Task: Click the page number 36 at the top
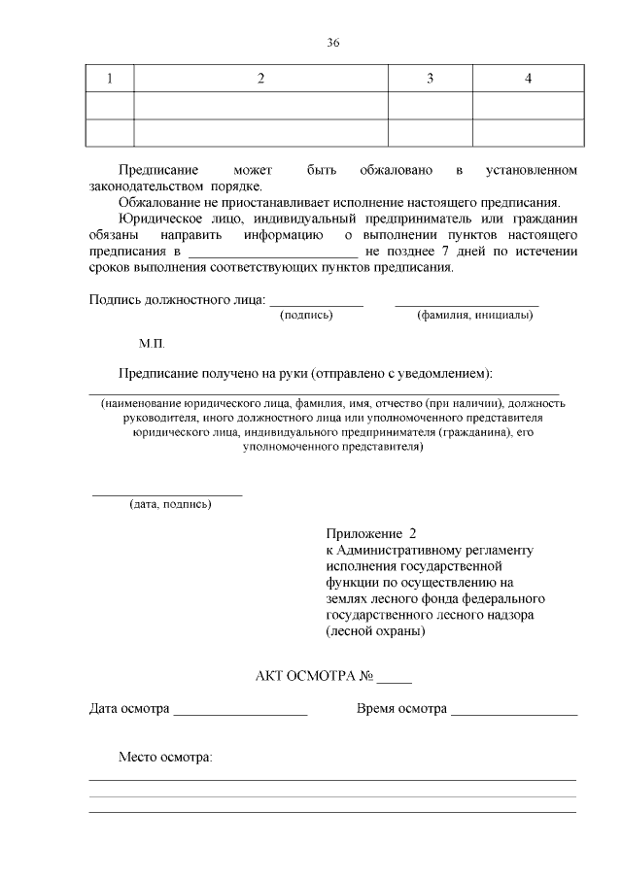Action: pyautogui.click(x=333, y=43)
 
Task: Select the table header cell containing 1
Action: pyautogui.click(x=110, y=79)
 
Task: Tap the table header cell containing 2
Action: pyautogui.click(x=260, y=79)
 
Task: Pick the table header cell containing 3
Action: pyautogui.click(x=430, y=79)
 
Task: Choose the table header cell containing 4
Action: pyautogui.click(x=528, y=79)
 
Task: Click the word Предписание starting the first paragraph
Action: pyautogui.click(x=158, y=171)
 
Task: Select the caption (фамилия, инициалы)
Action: pyautogui.click(x=474, y=315)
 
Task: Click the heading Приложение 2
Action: pyautogui.click(x=371, y=534)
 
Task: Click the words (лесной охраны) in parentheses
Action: pyautogui.click(x=375, y=631)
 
